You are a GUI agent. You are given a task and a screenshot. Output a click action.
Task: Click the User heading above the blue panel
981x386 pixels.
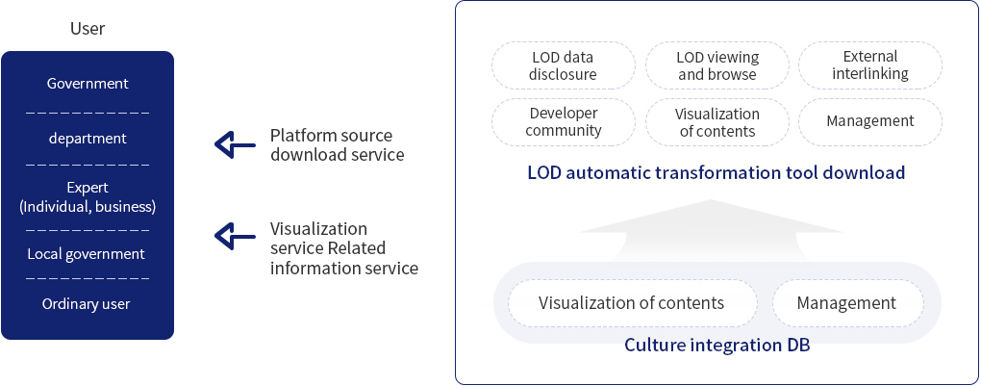tap(88, 29)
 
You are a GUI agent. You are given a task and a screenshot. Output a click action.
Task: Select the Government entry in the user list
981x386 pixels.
tap(88, 84)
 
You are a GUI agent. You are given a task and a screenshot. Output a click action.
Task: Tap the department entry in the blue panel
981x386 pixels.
tap(88, 139)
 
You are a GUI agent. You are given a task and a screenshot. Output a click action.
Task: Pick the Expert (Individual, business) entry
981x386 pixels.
tap(88, 197)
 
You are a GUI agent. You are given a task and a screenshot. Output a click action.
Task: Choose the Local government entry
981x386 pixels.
tap(88, 254)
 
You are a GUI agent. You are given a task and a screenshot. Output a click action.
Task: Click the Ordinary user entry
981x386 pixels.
tap(87, 304)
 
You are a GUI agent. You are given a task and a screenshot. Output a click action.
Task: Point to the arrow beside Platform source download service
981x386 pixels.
tap(232, 145)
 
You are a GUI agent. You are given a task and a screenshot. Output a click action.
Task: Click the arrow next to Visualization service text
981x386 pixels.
tap(232, 235)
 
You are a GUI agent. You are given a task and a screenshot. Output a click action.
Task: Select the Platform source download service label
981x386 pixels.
tap(337, 145)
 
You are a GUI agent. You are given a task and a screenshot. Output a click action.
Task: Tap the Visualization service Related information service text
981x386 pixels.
tap(343, 248)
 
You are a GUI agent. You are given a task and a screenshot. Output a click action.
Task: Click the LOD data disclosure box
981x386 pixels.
tap(564, 65)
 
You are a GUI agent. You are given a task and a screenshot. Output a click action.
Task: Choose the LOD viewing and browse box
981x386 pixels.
tap(717, 65)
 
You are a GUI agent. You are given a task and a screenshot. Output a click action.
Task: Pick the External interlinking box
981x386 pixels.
tap(870, 65)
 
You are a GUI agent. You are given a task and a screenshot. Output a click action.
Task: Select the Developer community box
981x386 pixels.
tap(564, 122)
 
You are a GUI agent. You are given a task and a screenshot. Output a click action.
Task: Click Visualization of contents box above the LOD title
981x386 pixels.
tap(717, 122)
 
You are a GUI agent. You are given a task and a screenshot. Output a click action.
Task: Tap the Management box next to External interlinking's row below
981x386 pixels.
tap(870, 122)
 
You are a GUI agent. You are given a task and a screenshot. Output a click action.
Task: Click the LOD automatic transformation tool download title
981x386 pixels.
tap(717, 173)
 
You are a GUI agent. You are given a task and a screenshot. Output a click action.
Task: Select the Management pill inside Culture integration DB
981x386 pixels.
tap(846, 303)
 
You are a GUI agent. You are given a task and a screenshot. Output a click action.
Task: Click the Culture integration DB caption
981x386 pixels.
tap(717, 345)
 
